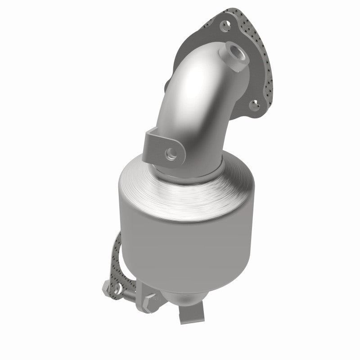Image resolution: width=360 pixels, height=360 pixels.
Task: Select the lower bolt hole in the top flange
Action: click(x=255, y=106)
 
